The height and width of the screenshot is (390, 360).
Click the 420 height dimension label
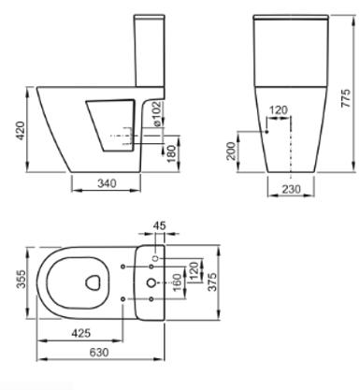(21, 131)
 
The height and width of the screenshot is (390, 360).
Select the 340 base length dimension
(107, 183)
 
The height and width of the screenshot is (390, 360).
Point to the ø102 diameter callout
(158, 114)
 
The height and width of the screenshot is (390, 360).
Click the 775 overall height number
(346, 98)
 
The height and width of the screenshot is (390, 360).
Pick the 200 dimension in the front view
(231, 151)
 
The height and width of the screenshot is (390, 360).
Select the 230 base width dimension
(292, 189)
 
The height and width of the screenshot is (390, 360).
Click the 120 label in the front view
(278, 110)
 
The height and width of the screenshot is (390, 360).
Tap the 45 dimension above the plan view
(160, 225)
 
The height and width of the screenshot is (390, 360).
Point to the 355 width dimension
(22, 279)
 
